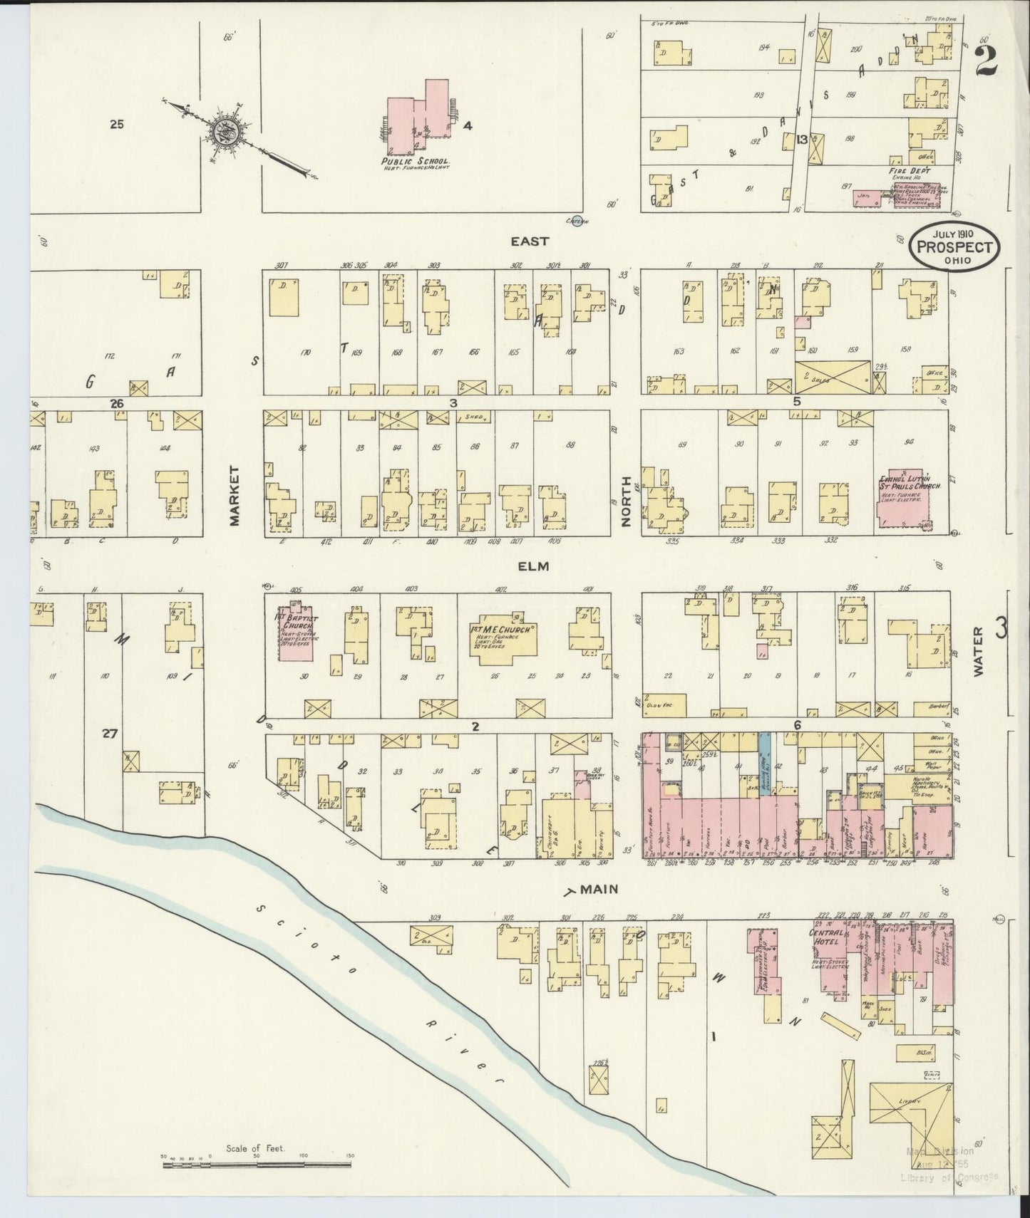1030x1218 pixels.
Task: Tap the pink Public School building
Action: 417,118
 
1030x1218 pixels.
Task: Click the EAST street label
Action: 530,241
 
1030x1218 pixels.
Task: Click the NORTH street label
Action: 627,502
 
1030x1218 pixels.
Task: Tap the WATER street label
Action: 978,651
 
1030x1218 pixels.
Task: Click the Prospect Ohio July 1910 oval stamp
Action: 954,246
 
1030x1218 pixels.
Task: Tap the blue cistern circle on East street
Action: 577,220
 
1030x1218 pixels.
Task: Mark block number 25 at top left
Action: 118,124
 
